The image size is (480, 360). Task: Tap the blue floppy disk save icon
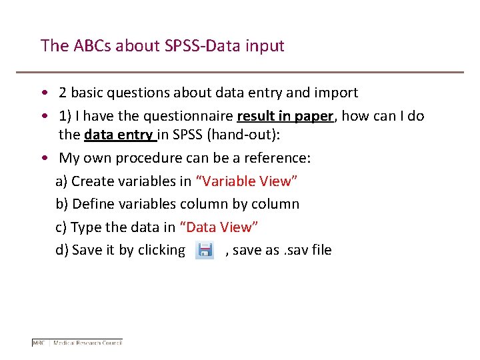point(205,250)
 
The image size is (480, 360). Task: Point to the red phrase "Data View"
point(219,227)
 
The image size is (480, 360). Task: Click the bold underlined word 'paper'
point(313,115)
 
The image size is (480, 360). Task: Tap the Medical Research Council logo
point(77,343)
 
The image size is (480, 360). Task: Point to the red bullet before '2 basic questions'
point(43,93)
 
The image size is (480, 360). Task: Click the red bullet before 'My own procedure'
point(43,158)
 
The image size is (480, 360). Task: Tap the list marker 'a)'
point(61,181)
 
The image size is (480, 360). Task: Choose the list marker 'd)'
point(62,250)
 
